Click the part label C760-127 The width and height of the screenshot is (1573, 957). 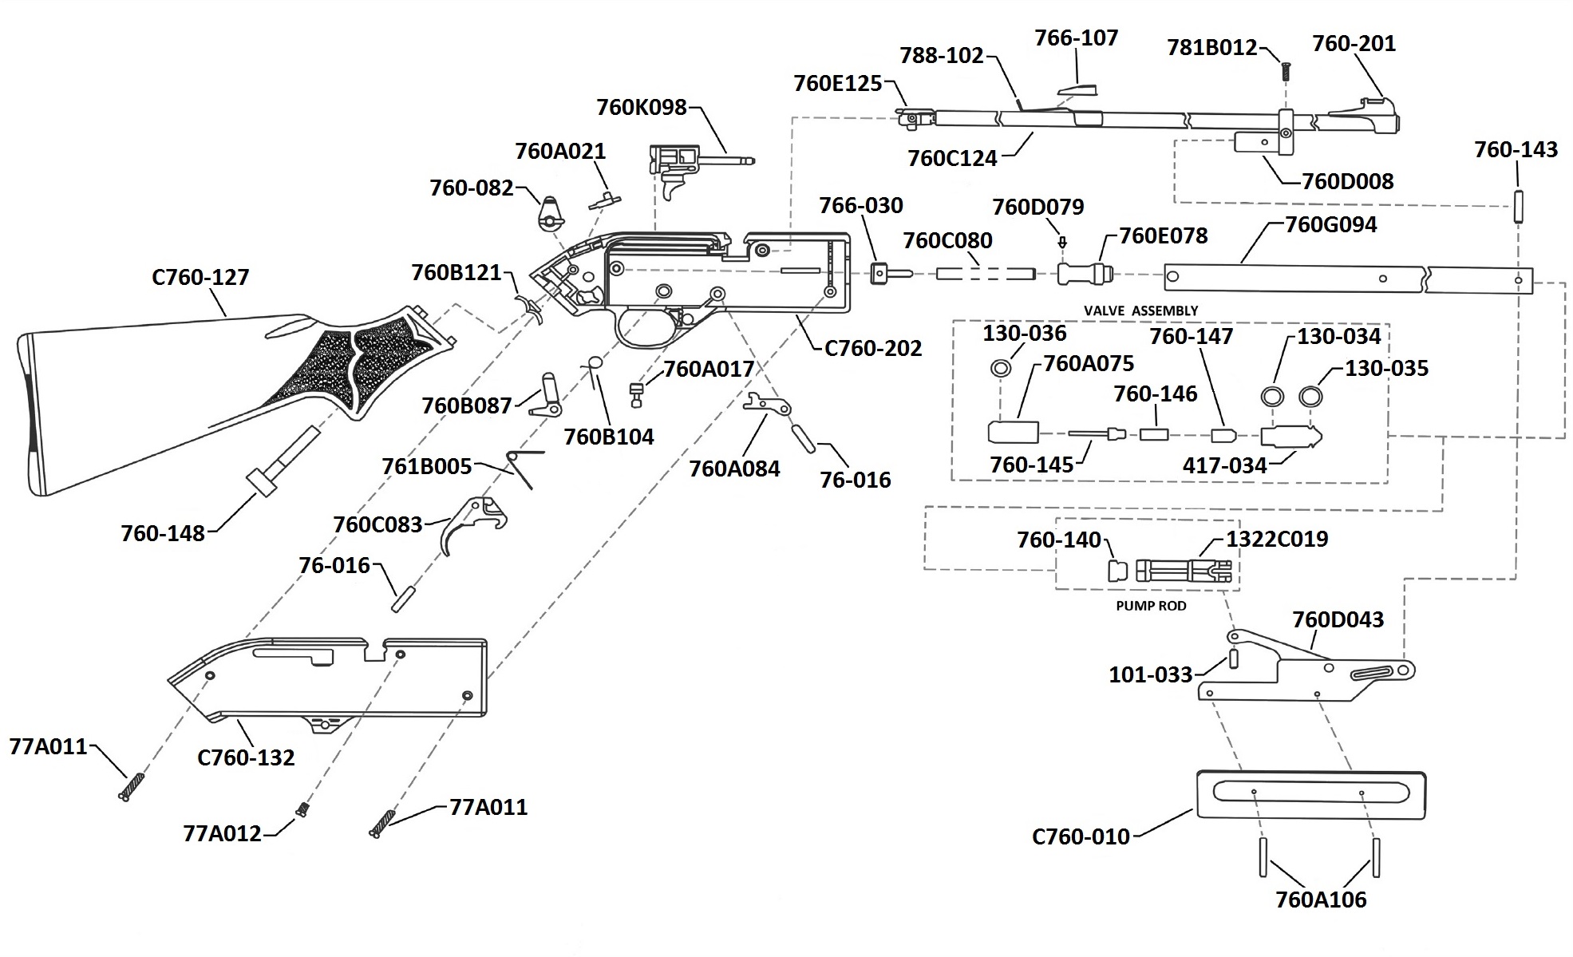click(200, 278)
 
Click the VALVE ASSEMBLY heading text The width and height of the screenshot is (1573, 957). click(1140, 310)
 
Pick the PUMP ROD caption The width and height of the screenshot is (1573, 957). click(1151, 606)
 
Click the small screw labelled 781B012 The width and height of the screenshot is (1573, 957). click(1286, 71)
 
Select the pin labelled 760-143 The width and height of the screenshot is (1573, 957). click(1517, 205)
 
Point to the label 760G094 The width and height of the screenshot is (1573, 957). click(1330, 225)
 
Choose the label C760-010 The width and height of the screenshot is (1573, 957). click(1081, 836)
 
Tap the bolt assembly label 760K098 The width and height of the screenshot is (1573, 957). click(641, 108)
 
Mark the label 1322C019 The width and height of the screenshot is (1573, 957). click(1277, 540)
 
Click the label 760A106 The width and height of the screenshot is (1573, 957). click(1321, 900)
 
